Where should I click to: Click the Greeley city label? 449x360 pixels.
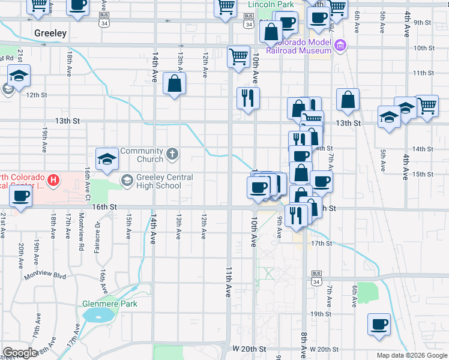click(50, 33)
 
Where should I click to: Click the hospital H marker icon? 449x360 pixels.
click(54, 179)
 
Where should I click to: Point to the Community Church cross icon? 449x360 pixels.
click(172, 155)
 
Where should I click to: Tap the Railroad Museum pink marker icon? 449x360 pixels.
click(341, 45)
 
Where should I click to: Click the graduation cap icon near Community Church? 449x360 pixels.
click(107, 158)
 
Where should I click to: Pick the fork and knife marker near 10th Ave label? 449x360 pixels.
click(248, 99)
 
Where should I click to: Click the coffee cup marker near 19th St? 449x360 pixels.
click(379, 325)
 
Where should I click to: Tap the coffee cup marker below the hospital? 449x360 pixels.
click(21, 197)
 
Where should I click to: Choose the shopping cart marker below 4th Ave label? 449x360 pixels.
click(427, 106)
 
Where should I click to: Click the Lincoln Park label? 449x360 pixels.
click(271, 5)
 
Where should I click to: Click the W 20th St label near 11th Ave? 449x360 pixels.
click(245, 349)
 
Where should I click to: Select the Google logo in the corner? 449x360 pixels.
click(20, 353)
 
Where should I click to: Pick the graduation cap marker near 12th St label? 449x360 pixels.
click(19, 77)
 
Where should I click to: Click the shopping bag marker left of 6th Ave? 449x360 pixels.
click(348, 101)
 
